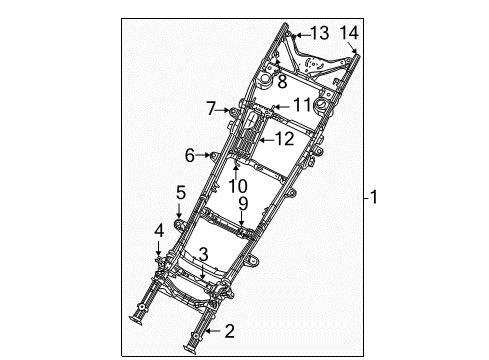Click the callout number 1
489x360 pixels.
click(x=375, y=198)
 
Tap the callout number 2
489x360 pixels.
click(x=229, y=331)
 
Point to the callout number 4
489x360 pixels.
click(x=159, y=232)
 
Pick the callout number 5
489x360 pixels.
click(x=181, y=191)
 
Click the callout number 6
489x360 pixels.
click(x=189, y=155)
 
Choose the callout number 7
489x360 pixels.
click(x=210, y=107)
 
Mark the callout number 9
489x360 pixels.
click(x=243, y=205)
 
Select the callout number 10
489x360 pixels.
click(x=237, y=185)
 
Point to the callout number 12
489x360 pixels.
click(x=284, y=139)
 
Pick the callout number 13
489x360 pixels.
click(x=318, y=34)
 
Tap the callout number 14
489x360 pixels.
click(x=348, y=33)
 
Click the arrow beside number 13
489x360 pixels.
click(x=298, y=34)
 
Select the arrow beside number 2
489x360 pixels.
click(x=211, y=331)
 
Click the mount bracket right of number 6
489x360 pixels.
click(x=212, y=155)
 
